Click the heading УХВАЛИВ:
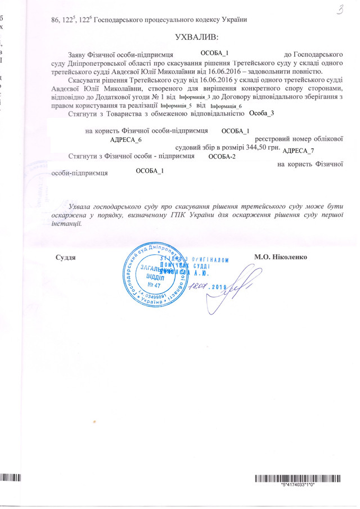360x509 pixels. (x=196, y=38)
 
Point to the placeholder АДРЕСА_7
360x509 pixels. (x=298, y=150)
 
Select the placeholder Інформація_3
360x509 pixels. (x=193, y=97)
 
